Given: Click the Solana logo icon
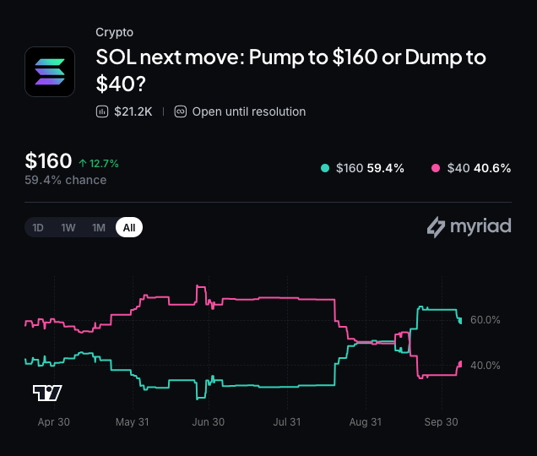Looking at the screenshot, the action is (50, 72).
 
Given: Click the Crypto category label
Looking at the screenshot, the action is (114, 32).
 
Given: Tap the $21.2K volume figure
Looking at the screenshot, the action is (133, 111).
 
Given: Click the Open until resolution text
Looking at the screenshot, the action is (249, 111).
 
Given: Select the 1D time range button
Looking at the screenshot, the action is (38, 227).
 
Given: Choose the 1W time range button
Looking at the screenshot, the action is (68, 227).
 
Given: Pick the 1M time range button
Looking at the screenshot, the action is (99, 227).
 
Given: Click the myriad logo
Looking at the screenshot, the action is (469, 227).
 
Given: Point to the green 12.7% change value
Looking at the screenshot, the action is (104, 164).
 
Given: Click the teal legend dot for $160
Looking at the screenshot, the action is (325, 168).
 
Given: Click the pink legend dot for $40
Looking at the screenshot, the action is (436, 168).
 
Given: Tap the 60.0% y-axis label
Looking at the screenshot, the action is (485, 320).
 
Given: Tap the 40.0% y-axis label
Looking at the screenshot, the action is (485, 365).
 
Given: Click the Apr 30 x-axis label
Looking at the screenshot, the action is (54, 421).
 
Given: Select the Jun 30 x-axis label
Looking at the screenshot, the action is (209, 421).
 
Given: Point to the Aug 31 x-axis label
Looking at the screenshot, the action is (366, 421).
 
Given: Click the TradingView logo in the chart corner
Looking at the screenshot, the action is (47, 393).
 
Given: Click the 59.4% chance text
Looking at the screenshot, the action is (65, 180).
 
